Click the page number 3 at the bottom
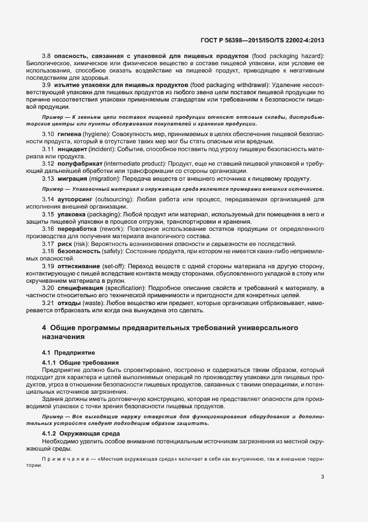coord(323,476)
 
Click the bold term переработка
coord(76,229)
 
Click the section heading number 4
coord(44,327)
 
